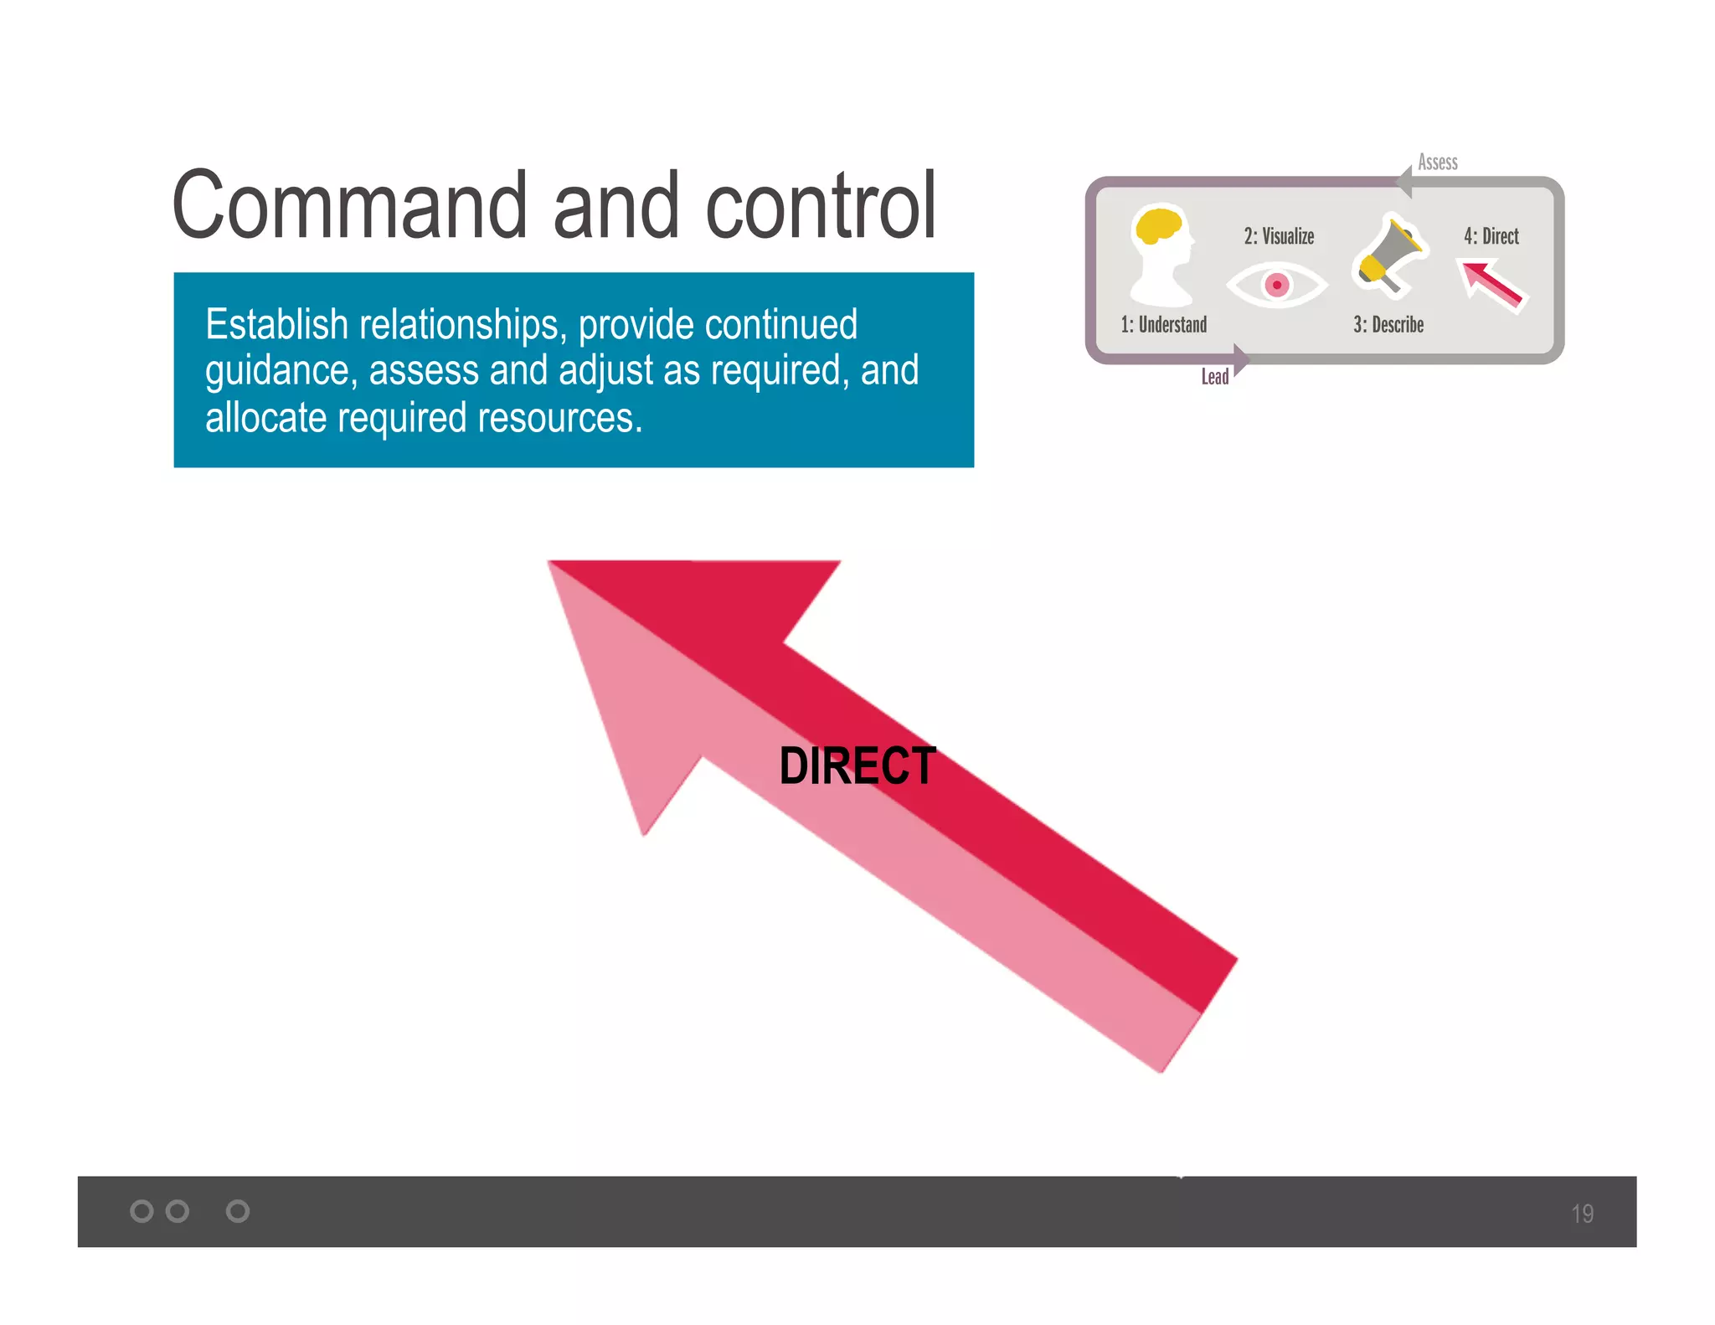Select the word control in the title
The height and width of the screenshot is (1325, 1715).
pyautogui.click(x=821, y=205)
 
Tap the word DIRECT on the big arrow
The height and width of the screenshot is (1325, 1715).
pyautogui.click(x=857, y=766)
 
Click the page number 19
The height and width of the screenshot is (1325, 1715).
pyautogui.click(x=1582, y=1214)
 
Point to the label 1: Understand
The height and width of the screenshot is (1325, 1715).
pyautogui.click(x=1163, y=325)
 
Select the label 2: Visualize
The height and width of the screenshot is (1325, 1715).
pyautogui.click(x=1279, y=236)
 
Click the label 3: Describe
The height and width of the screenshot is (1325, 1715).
pyautogui.click(x=1388, y=325)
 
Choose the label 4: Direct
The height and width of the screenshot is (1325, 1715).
pyautogui.click(x=1491, y=236)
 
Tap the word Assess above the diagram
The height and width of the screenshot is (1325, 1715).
pyautogui.click(x=1438, y=162)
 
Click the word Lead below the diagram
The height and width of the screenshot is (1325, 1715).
pyautogui.click(x=1214, y=377)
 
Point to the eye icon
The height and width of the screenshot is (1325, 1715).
pyautogui.click(x=1276, y=285)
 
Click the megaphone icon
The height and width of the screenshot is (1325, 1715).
pyautogui.click(x=1388, y=255)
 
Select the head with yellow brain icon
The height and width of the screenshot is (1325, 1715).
pyautogui.click(x=1161, y=254)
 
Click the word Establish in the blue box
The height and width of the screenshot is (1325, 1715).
pyautogui.click(x=276, y=325)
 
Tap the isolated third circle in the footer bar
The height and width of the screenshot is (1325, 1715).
pyautogui.click(x=238, y=1211)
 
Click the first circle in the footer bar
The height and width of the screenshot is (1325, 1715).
pyautogui.click(x=142, y=1211)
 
